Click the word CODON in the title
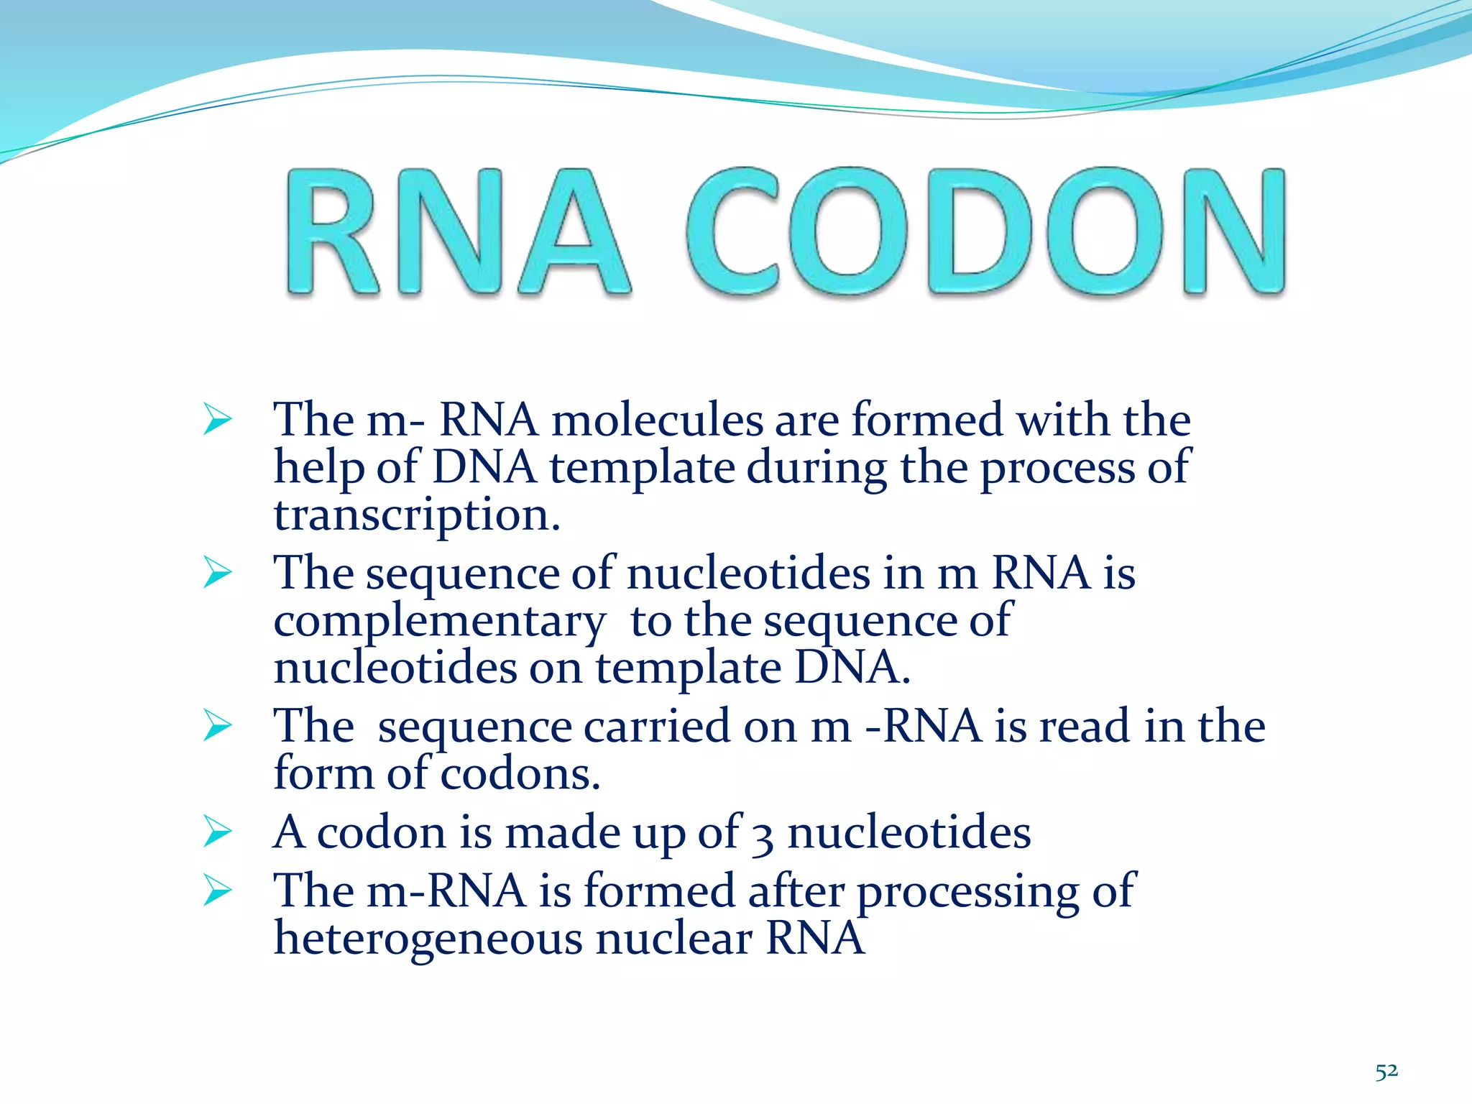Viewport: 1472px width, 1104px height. tap(985, 231)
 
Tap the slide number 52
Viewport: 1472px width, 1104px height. tap(1386, 1072)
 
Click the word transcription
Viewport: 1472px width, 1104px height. tap(416, 516)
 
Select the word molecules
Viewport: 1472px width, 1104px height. tap(657, 420)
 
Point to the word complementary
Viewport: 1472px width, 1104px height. tap(439, 622)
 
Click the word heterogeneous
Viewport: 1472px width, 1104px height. tap(428, 939)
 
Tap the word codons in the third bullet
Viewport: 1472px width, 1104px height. tap(519, 775)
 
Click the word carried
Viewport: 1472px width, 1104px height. tap(657, 727)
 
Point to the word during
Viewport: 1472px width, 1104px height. tap(816, 468)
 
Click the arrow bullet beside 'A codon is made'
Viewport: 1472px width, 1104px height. tap(217, 832)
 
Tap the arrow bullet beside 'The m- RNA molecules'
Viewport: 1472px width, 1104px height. tap(217, 419)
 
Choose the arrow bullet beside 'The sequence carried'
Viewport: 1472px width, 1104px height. tap(217, 725)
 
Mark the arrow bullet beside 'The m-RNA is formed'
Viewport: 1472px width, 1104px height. tap(217, 891)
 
